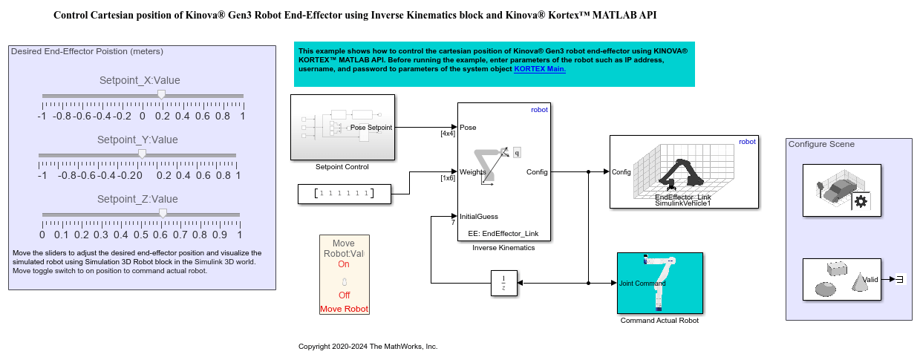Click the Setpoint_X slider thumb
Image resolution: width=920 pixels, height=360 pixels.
pyautogui.click(x=161, y=95)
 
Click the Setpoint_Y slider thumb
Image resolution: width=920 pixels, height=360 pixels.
pyautogui.click(x=142, y=154)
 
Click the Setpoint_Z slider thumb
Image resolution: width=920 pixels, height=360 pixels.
pyautogui.click(x=163, y=214)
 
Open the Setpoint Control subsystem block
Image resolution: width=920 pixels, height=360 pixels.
pyautogui.click(x=342, y=127)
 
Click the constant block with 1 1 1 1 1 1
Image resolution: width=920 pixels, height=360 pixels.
pyautogui.click(x=342, y=194)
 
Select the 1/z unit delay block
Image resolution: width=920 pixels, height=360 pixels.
pyautogui.click(x=503, y=283)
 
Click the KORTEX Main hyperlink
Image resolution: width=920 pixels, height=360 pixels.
pyautogui.click(x=540, y=69)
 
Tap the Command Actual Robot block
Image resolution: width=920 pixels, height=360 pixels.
pyautogui.click(x=659, y=283)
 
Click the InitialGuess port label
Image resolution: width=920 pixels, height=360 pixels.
pyautogui.click(x=479, y=217)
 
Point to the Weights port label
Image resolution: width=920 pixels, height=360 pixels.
pyautogui.click(x=472, y=172)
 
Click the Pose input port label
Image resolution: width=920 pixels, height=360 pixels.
pyautogui.click(x=468, y=127)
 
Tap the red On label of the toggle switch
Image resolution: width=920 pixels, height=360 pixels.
pyautogui.click(x=343, y=264)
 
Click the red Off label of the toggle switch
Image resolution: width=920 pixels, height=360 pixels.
pyautogui.click(x=343, y=295)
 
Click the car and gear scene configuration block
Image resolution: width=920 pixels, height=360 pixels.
pyautogui.click(x=842, y=191)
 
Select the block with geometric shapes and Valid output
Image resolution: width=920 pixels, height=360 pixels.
pyautogui.click(x=842, y=279)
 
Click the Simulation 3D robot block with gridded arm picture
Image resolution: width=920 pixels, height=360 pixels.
pyautogui.click(x=684, y=171)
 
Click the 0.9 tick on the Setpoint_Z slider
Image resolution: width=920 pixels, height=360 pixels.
pyautogui.click(x=220, y=235)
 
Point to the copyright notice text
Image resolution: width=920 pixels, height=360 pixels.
pyautogui.click(x=368, y=347)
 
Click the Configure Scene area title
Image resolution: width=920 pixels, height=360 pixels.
pyautogui.click(x=821, y=144)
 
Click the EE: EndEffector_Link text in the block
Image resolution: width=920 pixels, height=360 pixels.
pyautogui.click(x=503, y=233)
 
